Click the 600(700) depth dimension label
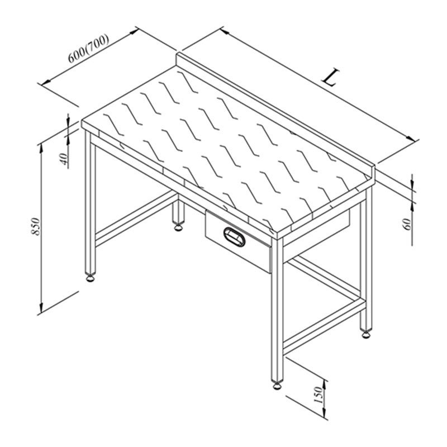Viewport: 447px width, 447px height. (x=88, y=49)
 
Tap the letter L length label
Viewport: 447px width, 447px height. (x=331, y=77)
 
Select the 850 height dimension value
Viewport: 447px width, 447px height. (x=36, y=227)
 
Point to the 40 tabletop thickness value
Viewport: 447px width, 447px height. (x=64, y=159)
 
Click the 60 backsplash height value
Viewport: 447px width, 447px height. (x=408, y=224)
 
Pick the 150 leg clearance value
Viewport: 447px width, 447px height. (x=318, y=395)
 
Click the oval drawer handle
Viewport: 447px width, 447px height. (x=234, y=236)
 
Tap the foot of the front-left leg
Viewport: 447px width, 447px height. (x=91, y=278)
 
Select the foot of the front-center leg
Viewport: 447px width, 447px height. (x=277, y=386)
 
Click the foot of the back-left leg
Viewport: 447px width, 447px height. (x=178, y=227)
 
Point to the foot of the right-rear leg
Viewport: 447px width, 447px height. (x=365, y=334)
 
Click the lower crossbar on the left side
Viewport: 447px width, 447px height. (x=135, y=218)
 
